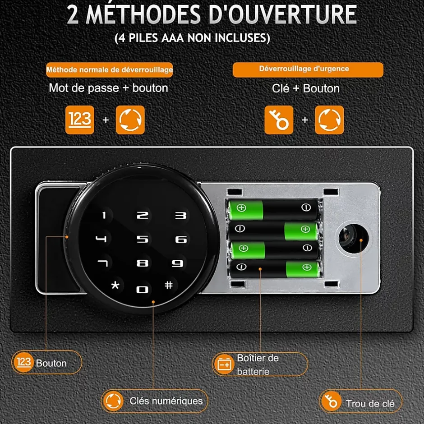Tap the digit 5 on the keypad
[143, 239]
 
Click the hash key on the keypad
[169, 285]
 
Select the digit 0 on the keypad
[142, 290]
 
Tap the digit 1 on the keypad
[104, 215]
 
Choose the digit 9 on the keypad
[178, 263]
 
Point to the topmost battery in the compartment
[273, 210]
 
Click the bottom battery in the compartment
[274, 269]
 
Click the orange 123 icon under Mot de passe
[80, 120]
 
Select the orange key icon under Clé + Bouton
[279, 120]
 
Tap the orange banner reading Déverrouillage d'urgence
[308, 70]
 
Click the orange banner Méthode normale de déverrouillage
[110, 70]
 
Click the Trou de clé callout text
[370, 404]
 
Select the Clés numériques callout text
[166, 401]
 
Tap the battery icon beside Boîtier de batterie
[225, 364]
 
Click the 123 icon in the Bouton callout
[23, 362]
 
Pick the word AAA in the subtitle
[173, 38]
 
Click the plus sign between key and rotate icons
[305, 120]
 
